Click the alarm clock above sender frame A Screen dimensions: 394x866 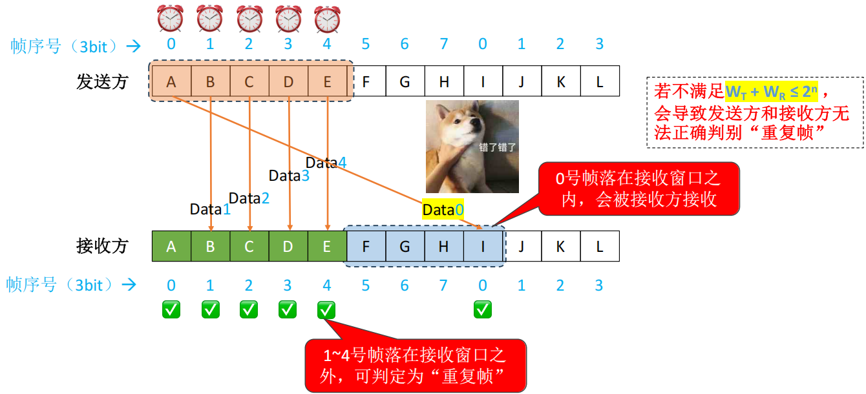tap(171, 19)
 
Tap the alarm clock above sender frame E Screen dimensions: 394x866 tap(327, 19)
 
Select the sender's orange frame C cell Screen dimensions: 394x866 tap(249, 81)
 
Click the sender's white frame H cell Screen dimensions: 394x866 tap(444, 81)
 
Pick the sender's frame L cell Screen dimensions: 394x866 tap(600, 81)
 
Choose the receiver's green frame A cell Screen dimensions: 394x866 tap(171, 246)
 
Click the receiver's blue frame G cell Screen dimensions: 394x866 tap(405, 246)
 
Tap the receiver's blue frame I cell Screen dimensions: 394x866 tap(483, 246)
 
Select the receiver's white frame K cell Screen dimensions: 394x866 tap(560, 246)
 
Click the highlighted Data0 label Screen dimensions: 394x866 tap(443, 209)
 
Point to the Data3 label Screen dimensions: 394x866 tap(289, 175)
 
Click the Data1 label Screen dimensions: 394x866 tap(210, 209)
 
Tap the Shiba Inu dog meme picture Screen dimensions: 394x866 tap(472, 146)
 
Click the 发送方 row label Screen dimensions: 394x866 tap(102, 82)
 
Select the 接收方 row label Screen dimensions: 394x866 tap(102, 246)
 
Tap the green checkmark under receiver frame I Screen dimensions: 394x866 tap(483, 310)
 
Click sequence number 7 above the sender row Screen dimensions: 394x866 tap(444, 44)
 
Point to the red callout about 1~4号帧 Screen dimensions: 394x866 tap(415, 366)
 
